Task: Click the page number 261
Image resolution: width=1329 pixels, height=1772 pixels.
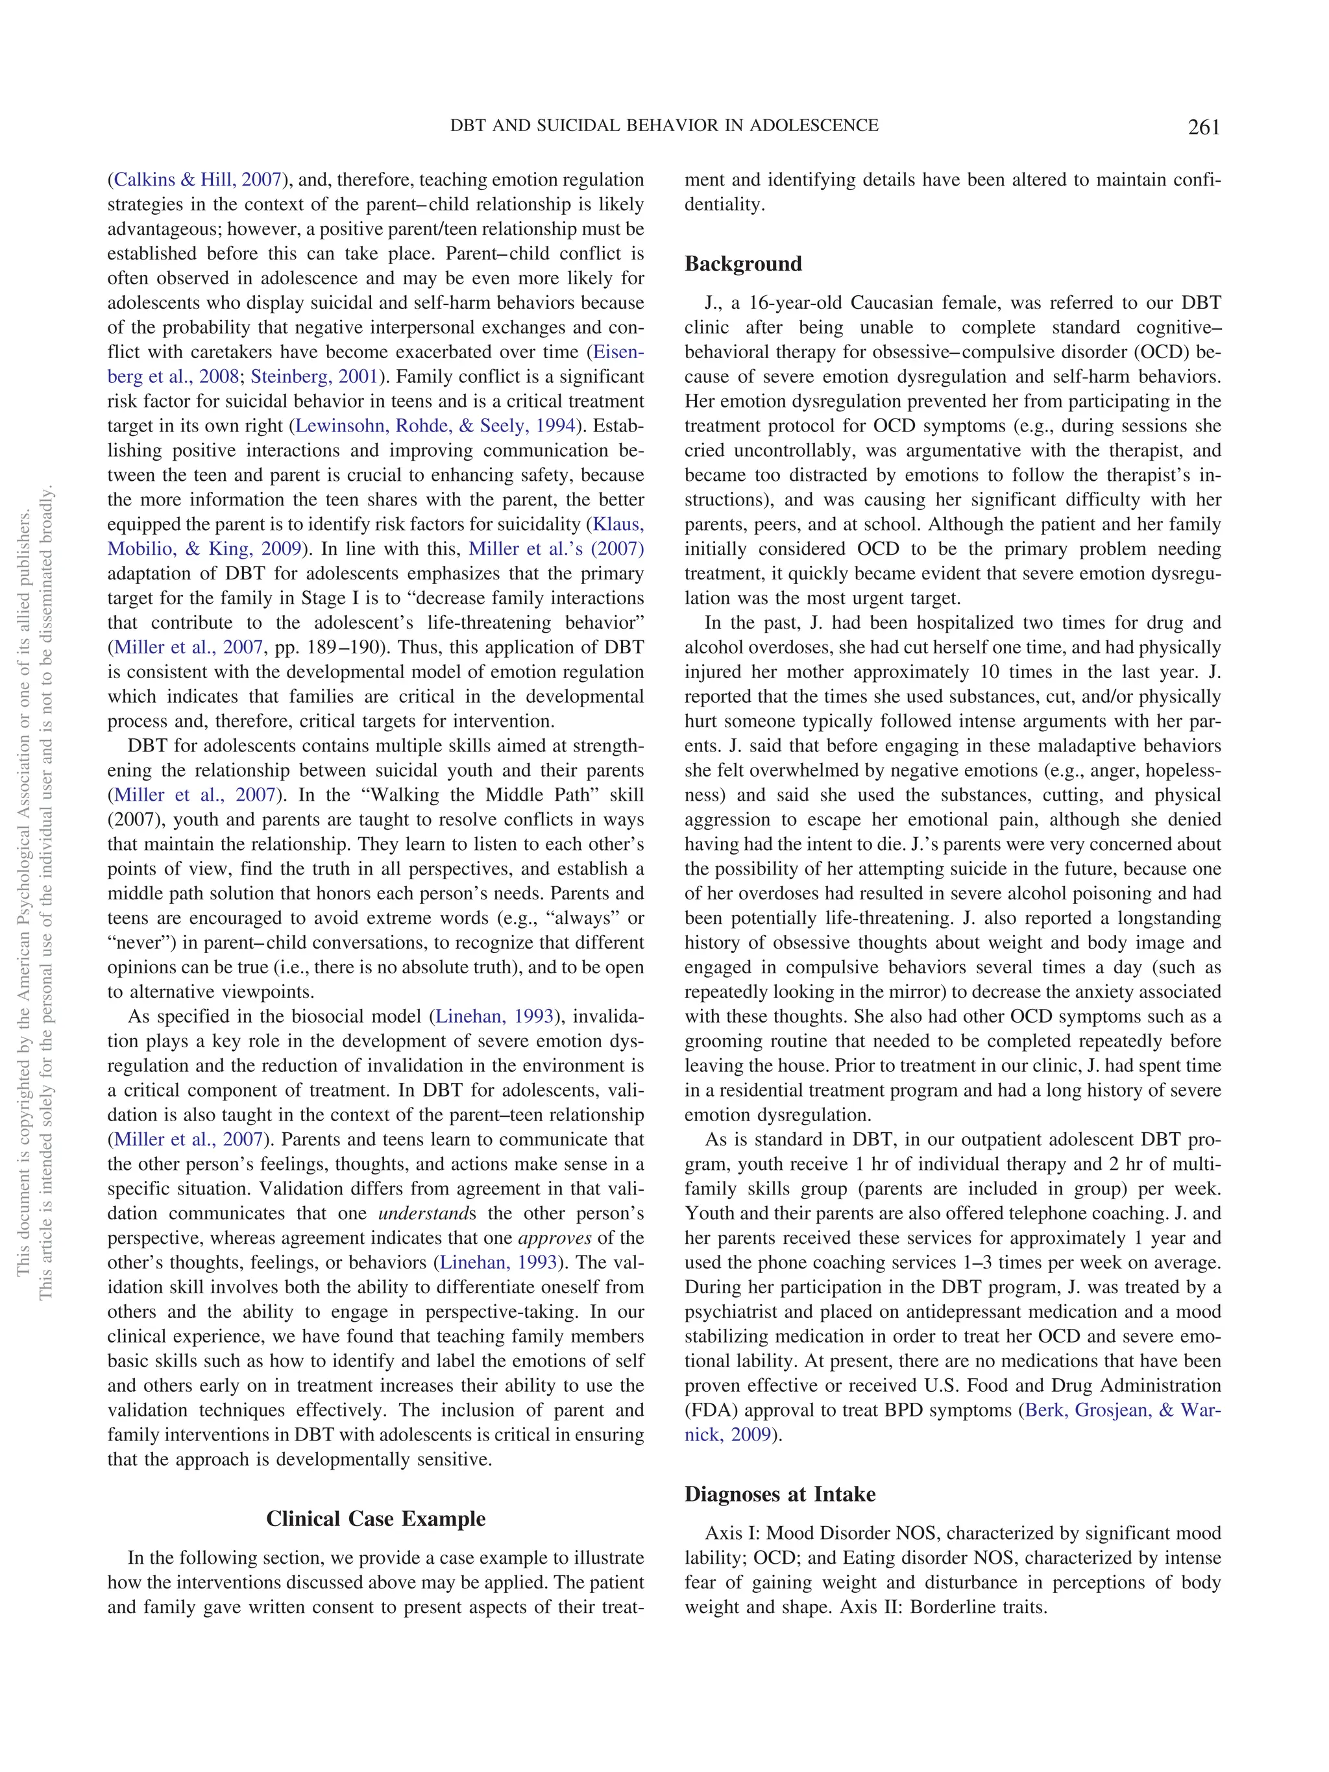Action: [x=1203, y=127]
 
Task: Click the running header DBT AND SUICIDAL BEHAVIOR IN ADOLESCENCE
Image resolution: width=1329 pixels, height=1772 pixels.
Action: [x=664, y=126]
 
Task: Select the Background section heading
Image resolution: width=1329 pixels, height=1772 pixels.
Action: [x=742, y=263]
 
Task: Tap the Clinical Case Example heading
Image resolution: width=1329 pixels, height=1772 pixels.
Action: [x=376, y=1518]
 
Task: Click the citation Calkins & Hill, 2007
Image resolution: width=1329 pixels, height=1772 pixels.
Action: [x=198, y=180]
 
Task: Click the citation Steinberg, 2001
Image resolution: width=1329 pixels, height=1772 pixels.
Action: [x=314, y=376]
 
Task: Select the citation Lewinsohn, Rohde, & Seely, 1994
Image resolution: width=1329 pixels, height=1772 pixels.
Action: [x=435, y=426]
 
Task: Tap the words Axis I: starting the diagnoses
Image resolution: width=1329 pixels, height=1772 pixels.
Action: [x=732, y=1533]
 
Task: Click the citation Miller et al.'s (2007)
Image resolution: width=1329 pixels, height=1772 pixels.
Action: [x=556, y=549]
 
